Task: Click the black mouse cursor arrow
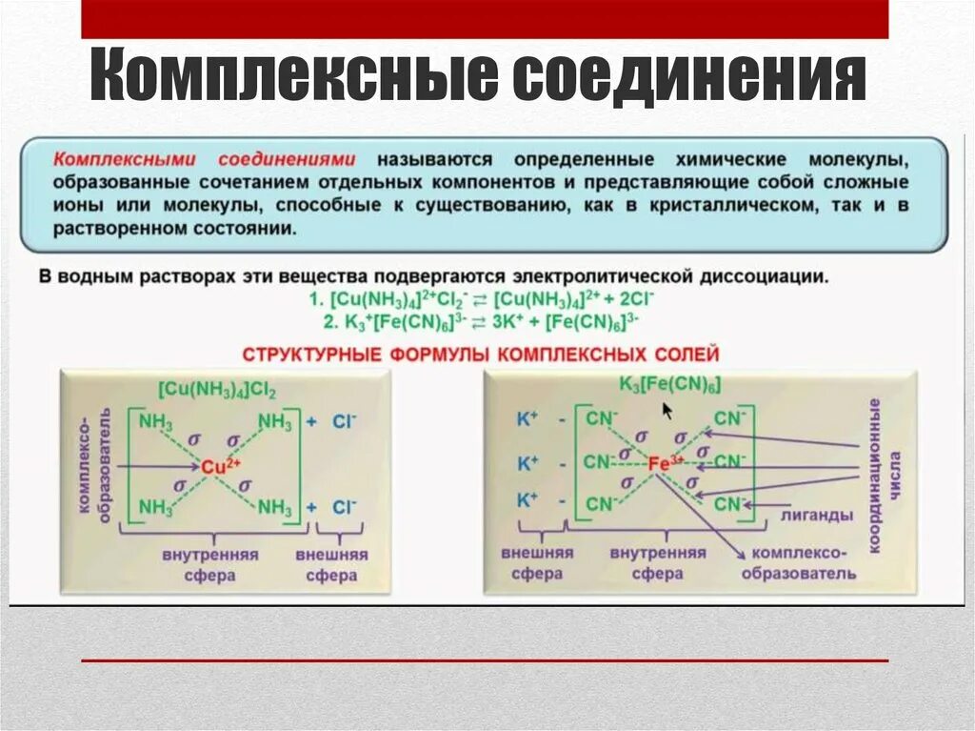(x=667, y=410)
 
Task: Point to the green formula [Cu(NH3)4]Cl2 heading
(x=216, y=390)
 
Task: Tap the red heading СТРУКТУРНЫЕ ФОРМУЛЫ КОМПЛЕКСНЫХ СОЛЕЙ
(x=481, y=355)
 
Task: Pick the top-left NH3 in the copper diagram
(x=156, y=420)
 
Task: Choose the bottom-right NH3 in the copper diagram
(x=275, y=506)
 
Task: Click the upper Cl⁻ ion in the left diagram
(x=344, y=420)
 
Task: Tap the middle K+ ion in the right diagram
(x=527, y=464)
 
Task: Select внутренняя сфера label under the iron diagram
(x=657, y=563)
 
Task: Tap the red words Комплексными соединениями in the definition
(x=205, y=158)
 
